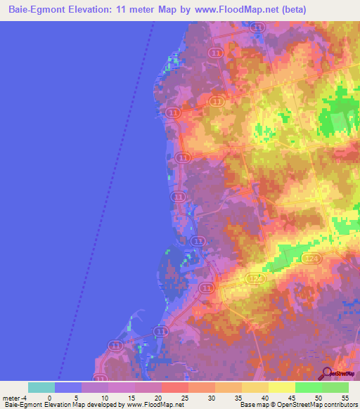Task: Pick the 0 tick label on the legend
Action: (55, 397)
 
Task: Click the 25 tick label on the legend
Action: (188, 397)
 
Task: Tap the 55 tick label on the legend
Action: (349, 397)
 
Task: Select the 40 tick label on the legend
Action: (269, 397)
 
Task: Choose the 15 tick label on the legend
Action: (135, 397)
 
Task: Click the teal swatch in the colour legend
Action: (41, 387)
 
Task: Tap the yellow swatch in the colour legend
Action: (282, 387)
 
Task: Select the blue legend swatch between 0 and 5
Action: (68, 387)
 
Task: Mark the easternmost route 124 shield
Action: (313, 260)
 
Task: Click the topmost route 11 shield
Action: (258, 27)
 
